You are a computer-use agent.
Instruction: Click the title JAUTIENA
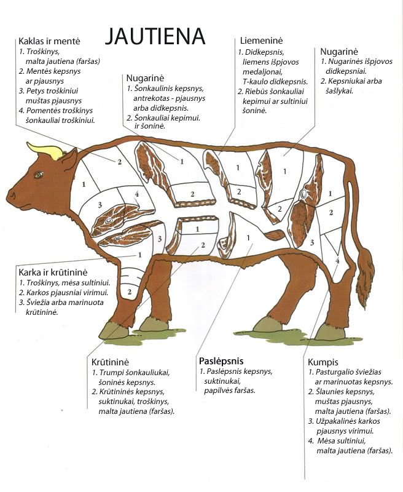click(154, 36)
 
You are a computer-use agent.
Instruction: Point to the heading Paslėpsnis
click(221, 360)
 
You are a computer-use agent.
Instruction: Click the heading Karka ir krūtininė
click(55, 272)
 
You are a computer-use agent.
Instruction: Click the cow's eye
click(39, 175)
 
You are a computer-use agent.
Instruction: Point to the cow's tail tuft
click(365, 280)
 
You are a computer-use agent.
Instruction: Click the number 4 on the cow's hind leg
click(337, 261)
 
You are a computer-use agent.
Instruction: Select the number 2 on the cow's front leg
click(130, 291)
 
